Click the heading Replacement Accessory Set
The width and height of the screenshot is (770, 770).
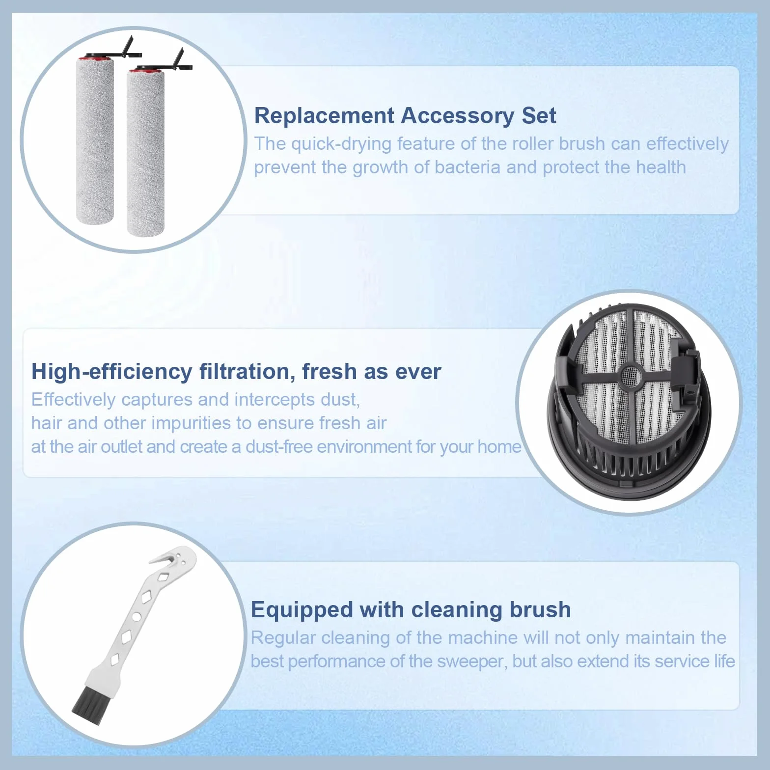pyautogui.click(x=405, y=116)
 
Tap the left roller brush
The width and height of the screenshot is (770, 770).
pyautogui.click(x=95, y=140)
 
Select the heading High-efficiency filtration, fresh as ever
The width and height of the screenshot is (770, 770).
pyautogui.click(x=236, y=372)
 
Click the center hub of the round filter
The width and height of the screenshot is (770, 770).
pyautogui.click(x=631, y=376)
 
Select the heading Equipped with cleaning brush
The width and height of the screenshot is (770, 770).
pyautogui.click(x=411, y=610)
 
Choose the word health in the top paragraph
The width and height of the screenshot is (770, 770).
pyautogui.click(x=661, y=167)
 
